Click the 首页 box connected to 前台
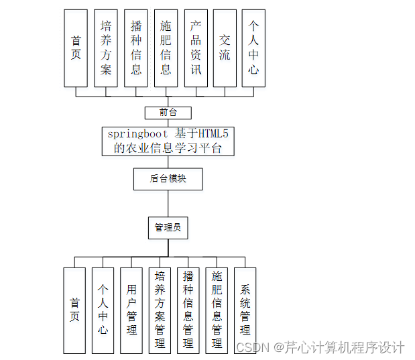[75, 48]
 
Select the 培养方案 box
[106, 48]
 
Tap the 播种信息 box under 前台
[136, 48]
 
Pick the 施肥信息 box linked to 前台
[166, 48]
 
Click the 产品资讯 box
[196, 48]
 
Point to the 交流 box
[225, 48]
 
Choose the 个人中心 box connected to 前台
[253, 48]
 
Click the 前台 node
[168, 113]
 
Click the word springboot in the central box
[137, 134]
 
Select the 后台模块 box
[168, 179]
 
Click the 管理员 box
[168, 228]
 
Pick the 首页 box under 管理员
[74, 310]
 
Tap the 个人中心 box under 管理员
[103, 310]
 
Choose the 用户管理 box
[131, 310]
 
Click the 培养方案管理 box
[160, 310]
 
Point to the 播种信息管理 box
[188, 310]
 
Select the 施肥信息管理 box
[217, 310]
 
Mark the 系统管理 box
[245, 310]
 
